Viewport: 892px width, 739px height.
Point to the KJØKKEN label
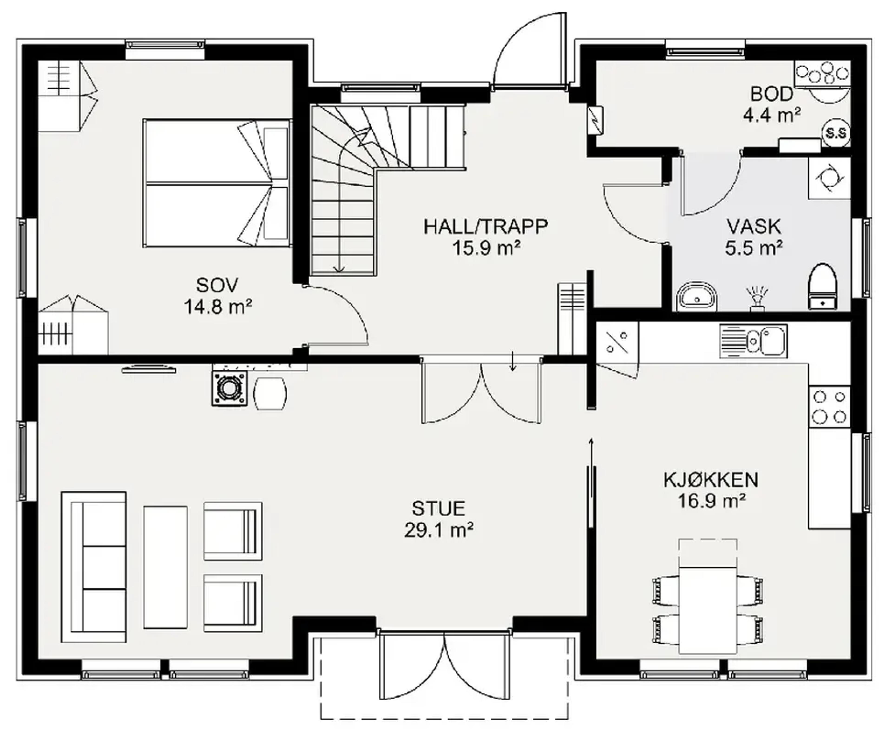tap(711, 480)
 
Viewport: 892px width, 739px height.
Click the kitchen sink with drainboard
tap(753, 341)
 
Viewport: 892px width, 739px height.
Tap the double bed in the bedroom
tap(217, 183)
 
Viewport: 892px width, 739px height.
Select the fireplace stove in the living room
tap(229, 388)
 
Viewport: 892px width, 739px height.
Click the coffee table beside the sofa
tap(165, 567)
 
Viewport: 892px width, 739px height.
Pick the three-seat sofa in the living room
tap(94, 567)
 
